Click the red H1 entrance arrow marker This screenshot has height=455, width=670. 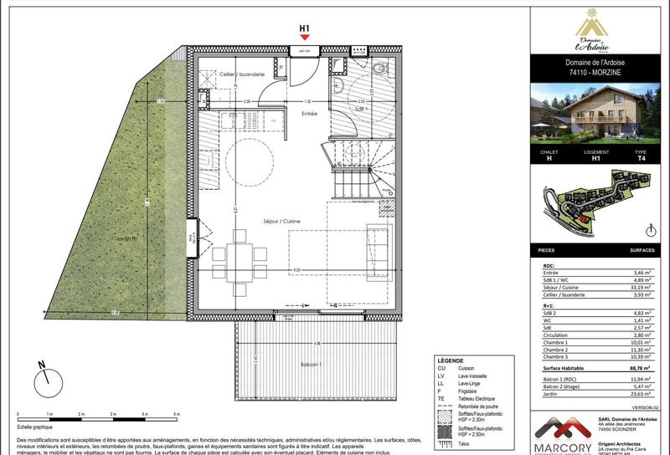click(305, 37)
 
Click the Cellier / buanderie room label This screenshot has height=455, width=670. click(242, 74)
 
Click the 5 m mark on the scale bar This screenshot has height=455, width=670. click(176, 414)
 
